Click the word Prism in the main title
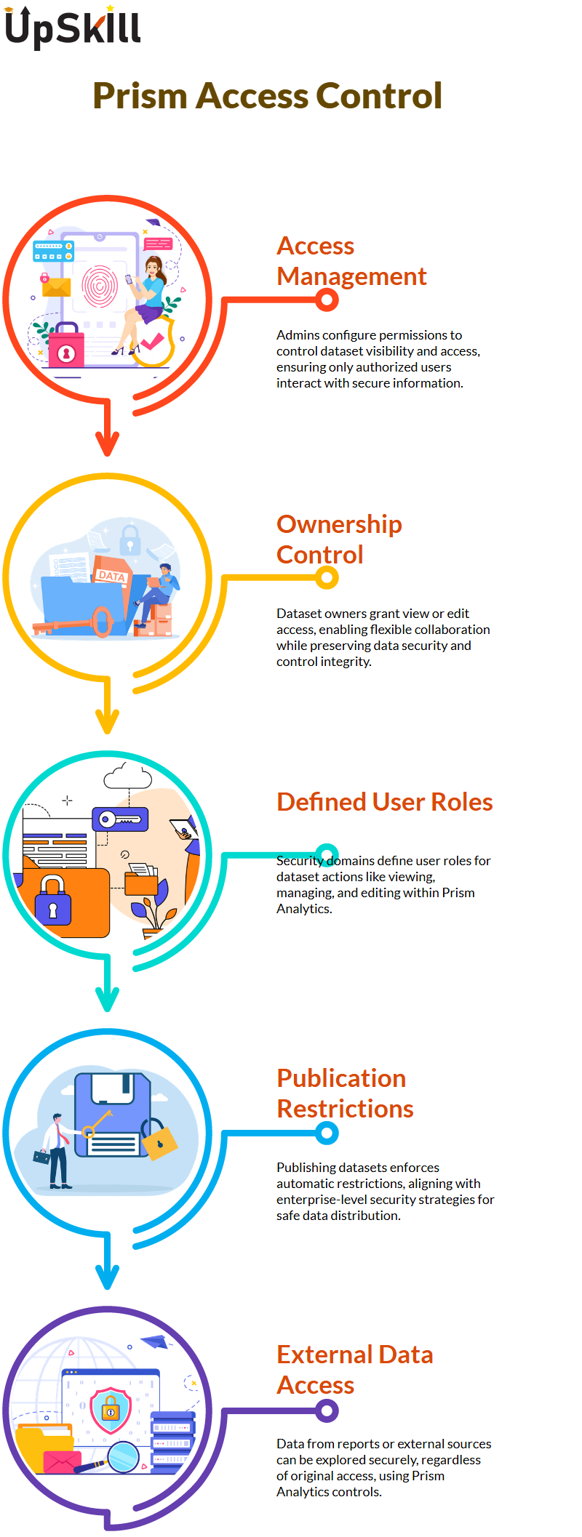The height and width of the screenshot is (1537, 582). pyautogui.click(x=139, y=97)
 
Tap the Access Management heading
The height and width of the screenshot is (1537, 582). pyautogui.click(x=351, y=261)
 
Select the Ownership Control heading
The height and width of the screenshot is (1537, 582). pyautogui.click(x=339, y=539)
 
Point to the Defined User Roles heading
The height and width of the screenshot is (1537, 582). pyautogui.click(x=385, y=802)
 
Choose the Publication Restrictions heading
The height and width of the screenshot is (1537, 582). pyautogui.click(x=345, y=1093)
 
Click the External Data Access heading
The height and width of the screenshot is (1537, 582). pyautogui.click(x=355, y=1370)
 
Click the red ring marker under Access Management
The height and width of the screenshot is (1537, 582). pyautogui.click(x=327, y=300)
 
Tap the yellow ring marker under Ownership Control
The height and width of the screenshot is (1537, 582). pyautogui.click(x=327, y=577)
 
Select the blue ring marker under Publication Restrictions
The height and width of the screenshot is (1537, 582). pyautogui.click(x=327, y=1132)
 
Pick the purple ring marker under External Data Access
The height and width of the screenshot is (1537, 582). pyautogui.click(x=327, y=1411)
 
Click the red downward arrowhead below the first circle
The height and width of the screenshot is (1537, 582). pyautogui.click(x=108, y=444)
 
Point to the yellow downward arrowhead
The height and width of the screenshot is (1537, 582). pyautogui.click(x=108, y=722)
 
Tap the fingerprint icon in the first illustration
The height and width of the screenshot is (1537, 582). pyautogui.click(x=100, y=285)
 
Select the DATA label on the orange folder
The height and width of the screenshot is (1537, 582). pyautogui.click(x=111, y=576)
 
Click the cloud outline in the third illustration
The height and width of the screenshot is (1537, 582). pyautogui.click(x=128, y=776)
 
